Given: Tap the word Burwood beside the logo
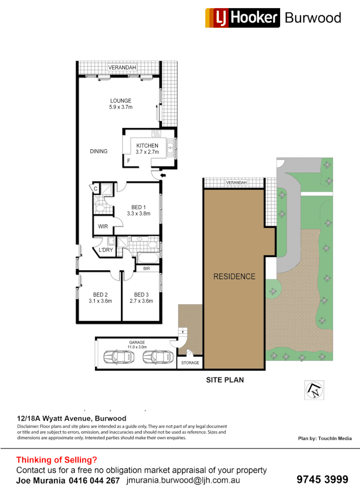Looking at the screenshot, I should point(313,18).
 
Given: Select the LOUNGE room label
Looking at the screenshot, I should point(120,101).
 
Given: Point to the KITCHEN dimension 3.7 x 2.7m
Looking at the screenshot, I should point(147,152).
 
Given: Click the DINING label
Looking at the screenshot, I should point(99,152).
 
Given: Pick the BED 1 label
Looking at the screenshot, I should point(138,207).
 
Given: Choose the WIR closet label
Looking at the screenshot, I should point(103,226).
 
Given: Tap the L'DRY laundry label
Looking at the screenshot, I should point(105,250).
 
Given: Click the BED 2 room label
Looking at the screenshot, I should point(100,294).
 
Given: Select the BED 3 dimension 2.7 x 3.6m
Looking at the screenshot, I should point(141,301).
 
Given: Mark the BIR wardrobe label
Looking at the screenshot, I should point(146,269).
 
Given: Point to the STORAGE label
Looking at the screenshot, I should point(190,363).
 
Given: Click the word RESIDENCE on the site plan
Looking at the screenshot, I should point(235,277).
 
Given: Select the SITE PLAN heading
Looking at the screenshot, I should point(225,380).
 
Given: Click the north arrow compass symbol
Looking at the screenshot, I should point(314,390).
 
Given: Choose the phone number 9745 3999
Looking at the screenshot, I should point(322,480).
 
